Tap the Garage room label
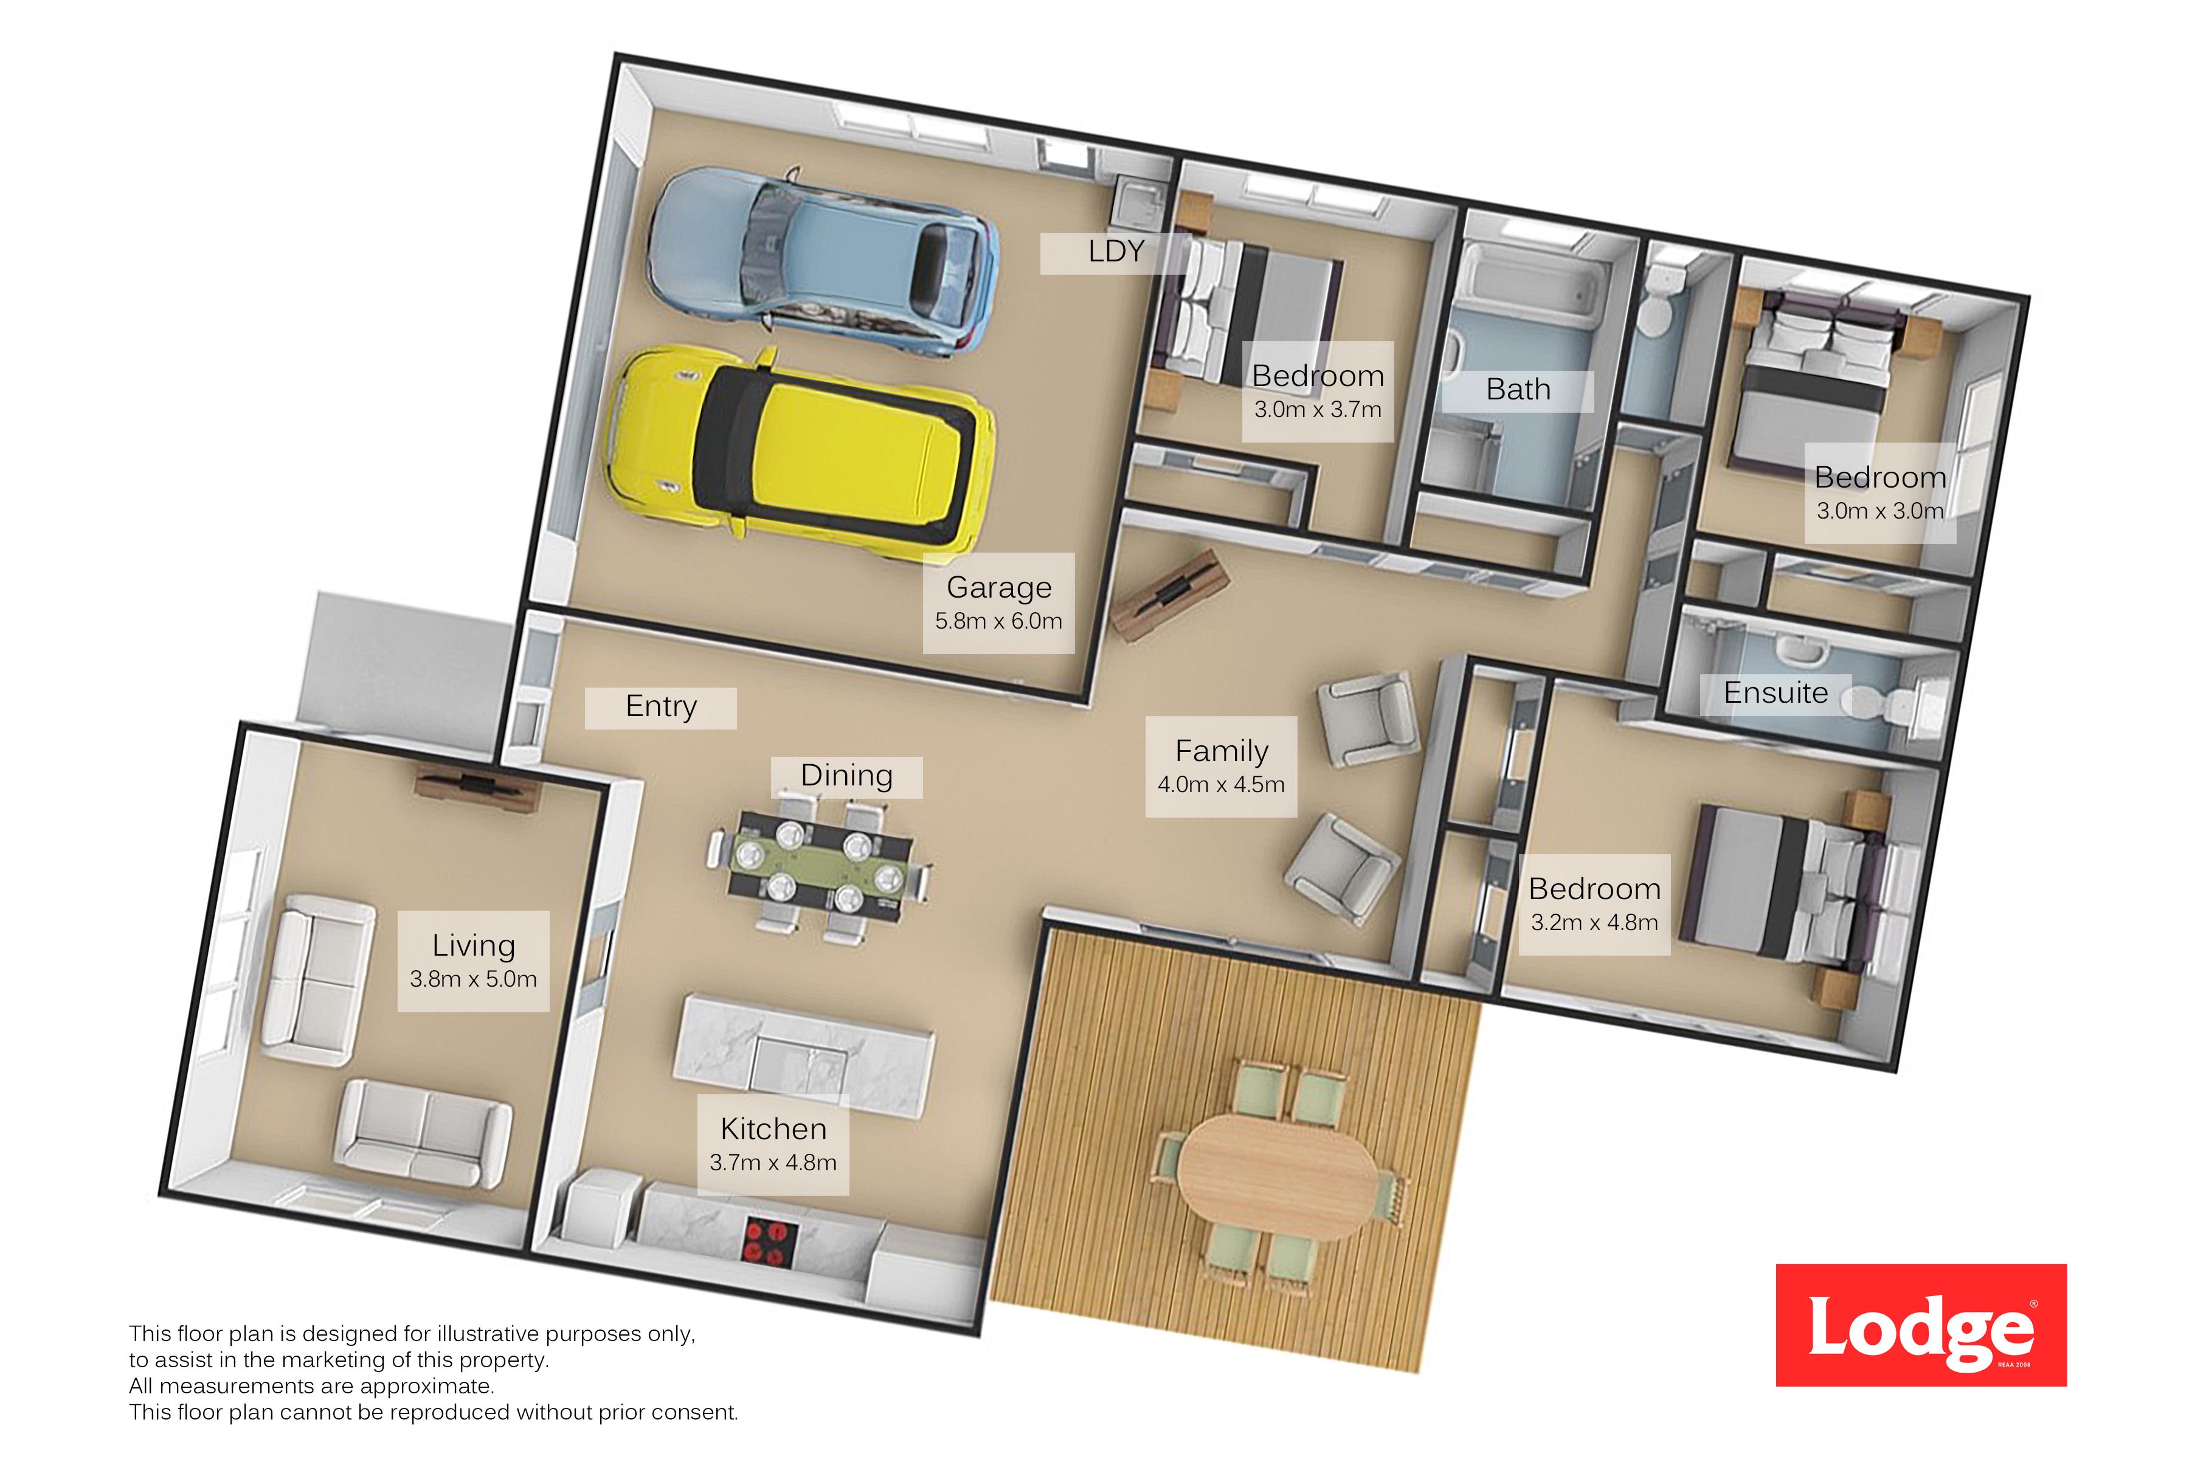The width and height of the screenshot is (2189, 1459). (x=998, y=587)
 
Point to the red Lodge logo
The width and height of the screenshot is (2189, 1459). (x=1921, y=1325)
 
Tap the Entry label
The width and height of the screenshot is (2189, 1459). (x=661, y=706)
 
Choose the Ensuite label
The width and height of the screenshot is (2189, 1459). (x=1776, y=692)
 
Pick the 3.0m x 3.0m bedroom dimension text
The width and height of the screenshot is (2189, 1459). (x=1880, y=511)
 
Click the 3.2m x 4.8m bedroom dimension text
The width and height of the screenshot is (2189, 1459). (x=1594, y=922)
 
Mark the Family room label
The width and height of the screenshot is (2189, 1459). (x=1221, y=751)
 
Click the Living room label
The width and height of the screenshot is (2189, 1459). (x=474, y=945)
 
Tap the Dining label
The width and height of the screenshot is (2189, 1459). (x=847, y=775)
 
